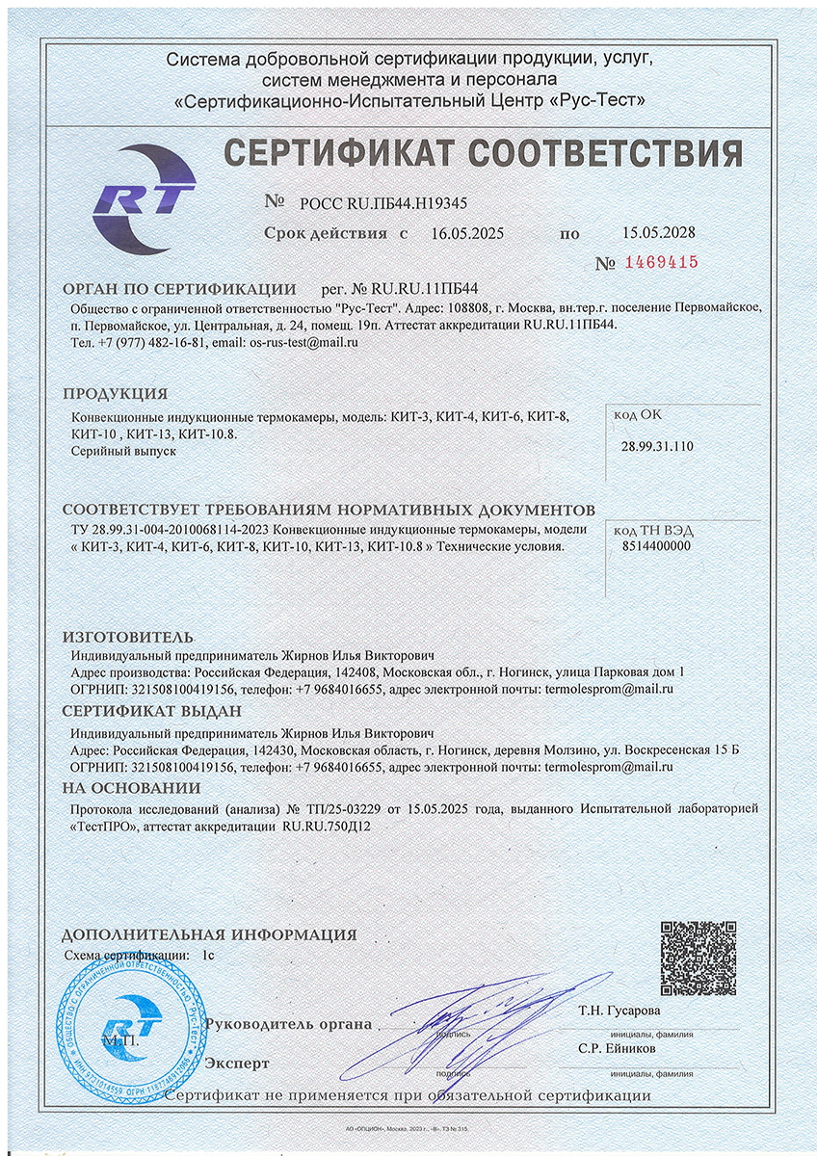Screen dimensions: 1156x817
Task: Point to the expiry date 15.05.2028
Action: click(659, 232)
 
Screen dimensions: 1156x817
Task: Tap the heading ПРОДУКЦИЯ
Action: click(116, 394)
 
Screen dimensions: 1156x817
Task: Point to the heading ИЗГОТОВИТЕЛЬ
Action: click(128, 638)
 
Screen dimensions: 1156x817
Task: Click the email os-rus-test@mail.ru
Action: click(303, 343)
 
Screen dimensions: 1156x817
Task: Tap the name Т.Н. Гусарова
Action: click(619, 1011)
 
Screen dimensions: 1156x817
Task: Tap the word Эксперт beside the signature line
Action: click(237, 1063)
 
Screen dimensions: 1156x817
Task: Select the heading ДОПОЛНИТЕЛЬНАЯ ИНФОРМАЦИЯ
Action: click(209, 934)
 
